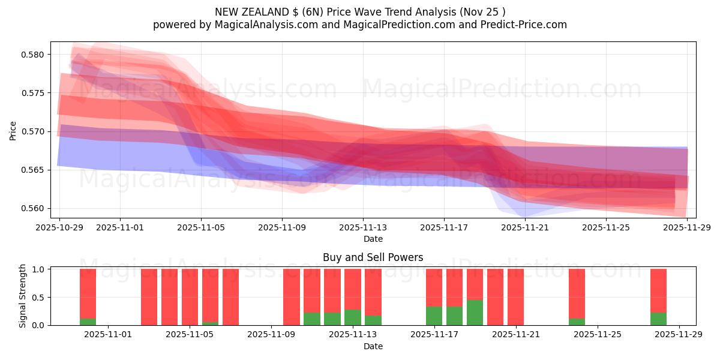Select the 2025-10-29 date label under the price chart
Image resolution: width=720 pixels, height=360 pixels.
pos(59,228)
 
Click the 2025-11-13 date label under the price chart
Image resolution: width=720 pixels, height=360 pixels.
pos(362,228)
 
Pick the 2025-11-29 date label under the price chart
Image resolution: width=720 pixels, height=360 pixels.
pos(687,228)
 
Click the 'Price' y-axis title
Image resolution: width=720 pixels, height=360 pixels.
pos(13,130)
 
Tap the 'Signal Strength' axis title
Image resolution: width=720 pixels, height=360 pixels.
pos(23,296)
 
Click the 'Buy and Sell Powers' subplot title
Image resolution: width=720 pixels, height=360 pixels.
pos(373,257)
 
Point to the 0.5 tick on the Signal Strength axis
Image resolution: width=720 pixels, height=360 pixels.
pos(38,298)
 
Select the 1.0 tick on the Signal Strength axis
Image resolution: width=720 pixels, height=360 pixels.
pos(38,269)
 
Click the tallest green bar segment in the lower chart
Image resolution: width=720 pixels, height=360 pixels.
pos(475,313)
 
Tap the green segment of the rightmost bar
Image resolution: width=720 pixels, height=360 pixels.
pos(658,319)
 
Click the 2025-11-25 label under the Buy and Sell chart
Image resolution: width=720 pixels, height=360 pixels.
pos(598,335)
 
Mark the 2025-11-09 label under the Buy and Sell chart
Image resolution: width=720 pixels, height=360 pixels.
pos(271,335)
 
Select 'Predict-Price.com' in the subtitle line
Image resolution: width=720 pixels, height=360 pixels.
pos(525,25)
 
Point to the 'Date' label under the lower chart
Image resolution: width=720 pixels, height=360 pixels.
pos(373,346)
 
